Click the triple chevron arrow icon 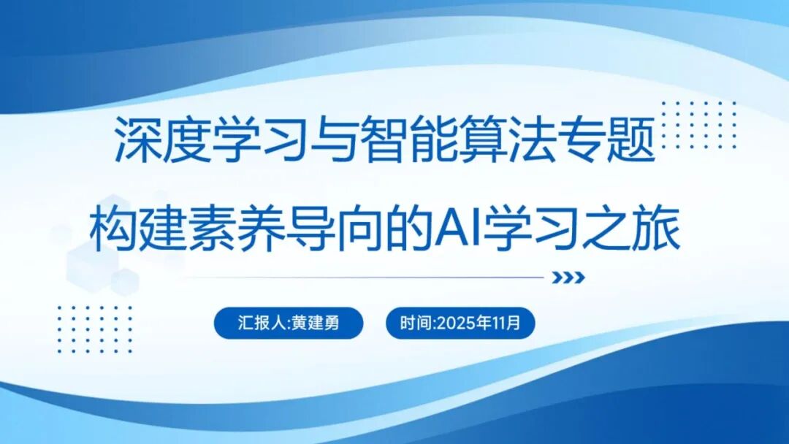pyautogui.click(x=568, y=277)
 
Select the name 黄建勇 pyautogui.click(x=316, y=323)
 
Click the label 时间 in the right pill pyautogui.click(x=414, y=323)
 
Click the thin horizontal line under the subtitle pyautogui.click(x=365, y=277)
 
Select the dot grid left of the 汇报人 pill pyautogui.click(x=95, y=329)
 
